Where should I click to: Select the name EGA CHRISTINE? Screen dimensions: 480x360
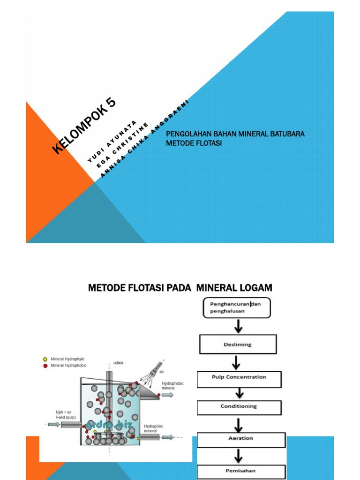[x=123, y=144]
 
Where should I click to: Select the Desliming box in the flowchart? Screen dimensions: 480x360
[x=238, y=344]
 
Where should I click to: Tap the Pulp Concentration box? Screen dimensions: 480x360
[x=239, y=379]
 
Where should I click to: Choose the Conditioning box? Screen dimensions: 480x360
[x=239, y=406]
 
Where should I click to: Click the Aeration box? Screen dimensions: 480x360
[x=240, y=439]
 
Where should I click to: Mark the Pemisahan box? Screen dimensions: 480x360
[x=240, y=471]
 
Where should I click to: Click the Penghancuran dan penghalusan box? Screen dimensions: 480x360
[x=236, y=307]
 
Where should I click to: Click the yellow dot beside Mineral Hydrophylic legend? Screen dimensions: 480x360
[x=45, y=359]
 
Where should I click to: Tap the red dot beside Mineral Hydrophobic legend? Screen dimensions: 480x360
[x=45, y=365]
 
